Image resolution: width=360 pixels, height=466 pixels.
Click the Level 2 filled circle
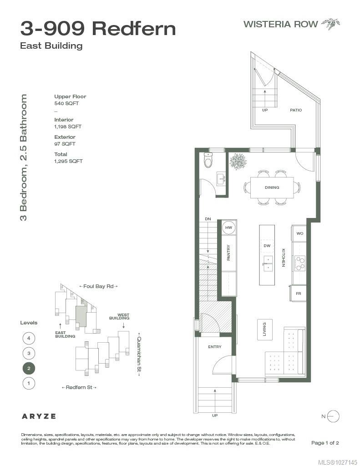(29, 368)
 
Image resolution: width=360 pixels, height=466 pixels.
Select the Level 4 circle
(29, 338)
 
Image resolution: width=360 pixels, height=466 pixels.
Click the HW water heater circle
(228, 228)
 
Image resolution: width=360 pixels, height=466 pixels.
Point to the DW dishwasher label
(267, 245)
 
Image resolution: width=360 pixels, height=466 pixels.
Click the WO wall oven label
(299, 233)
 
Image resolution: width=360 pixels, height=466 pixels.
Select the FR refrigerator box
(298, 294)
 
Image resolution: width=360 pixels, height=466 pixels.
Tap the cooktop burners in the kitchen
(299, 263)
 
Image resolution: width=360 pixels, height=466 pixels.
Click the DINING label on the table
(272, 187)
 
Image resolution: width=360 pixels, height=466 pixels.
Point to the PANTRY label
(228, 253)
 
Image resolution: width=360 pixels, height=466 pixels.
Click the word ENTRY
(215, 346)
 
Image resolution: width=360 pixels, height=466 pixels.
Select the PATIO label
(296, 110)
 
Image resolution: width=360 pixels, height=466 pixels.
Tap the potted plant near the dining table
(238, 162)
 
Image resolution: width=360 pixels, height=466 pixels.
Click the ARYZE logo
(39, 416)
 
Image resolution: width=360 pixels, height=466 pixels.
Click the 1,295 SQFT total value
(68, 161)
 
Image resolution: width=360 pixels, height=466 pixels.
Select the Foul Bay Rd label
(98, 286)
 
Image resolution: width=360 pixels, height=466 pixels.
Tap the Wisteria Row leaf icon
(331, 24)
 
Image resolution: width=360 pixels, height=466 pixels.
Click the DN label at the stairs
(208, 219)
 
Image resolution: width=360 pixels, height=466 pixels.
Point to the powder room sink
(221, 178)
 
